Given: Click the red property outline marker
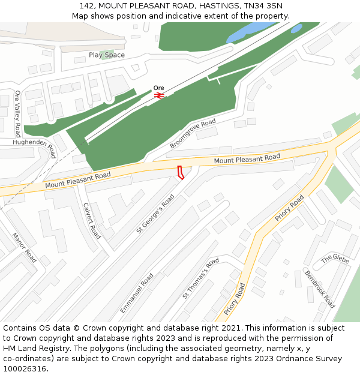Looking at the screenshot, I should (180, 172).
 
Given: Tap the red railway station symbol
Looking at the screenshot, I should (159, 95).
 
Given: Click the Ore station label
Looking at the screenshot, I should (158, 88).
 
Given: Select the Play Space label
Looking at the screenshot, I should (107, 55).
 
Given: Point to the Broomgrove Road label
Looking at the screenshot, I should (193, 134).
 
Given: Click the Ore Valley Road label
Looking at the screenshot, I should (17, 113).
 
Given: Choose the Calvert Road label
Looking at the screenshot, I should (92, 220).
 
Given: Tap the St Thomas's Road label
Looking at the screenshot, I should (200, 279).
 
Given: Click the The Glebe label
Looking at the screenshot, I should (335, 259).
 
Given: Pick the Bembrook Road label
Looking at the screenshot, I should (320, 289).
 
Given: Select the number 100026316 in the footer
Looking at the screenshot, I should (26, 369).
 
